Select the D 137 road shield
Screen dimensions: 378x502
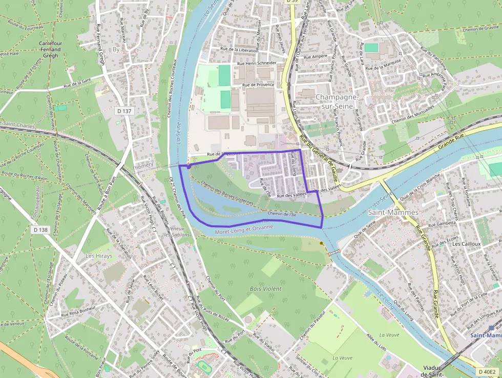[x=124, y=111]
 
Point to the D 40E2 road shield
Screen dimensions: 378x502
[x=487, y=371]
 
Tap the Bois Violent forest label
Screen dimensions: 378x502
[x=266, y=289]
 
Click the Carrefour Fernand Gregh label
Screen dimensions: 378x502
[x=51, y=49]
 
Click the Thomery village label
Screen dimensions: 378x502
[x=142, y=166]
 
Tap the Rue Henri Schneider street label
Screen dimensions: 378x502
[x=257, y=63]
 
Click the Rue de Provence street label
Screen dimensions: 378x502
[x=258, y=85]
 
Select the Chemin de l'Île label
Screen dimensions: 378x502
[x=281, y=213]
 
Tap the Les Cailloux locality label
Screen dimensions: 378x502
[x=466, y=244]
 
